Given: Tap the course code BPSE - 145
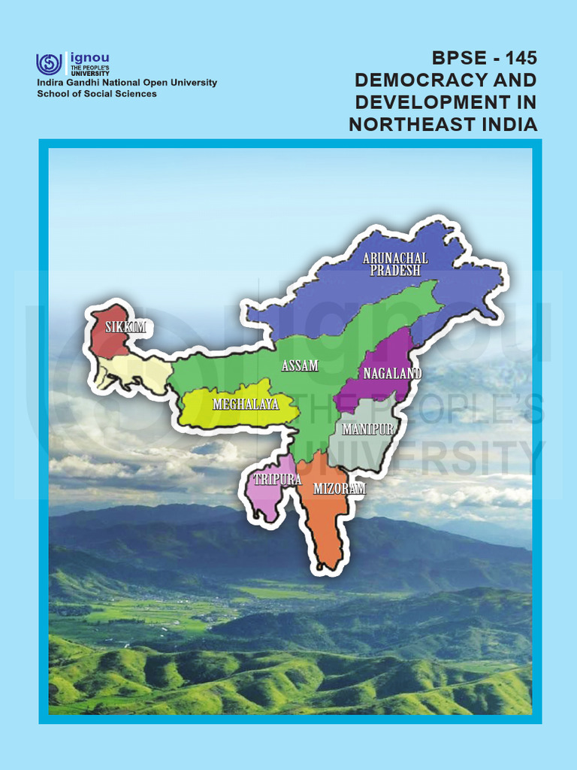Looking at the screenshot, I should click(x=485, y=58).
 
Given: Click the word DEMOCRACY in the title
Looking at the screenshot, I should click(x=421, y=80).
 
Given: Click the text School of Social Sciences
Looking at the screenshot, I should click(x=97, y=94).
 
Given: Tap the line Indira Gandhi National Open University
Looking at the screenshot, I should click(x=127, y=83).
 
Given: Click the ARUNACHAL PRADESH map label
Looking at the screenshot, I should click(x=395, y=265).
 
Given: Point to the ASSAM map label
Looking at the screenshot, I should click(x=300, y=366).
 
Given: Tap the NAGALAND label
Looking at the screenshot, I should click(x=392, y=373).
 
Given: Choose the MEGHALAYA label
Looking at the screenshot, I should click(x=245, y=405).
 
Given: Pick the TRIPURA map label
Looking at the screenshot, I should click(x=277, y=479).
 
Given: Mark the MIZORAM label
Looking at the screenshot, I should click(x=339, y=489).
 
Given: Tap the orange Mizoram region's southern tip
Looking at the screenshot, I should click(x=329, y=560).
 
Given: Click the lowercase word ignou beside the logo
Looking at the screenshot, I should click(x=89, y=57).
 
